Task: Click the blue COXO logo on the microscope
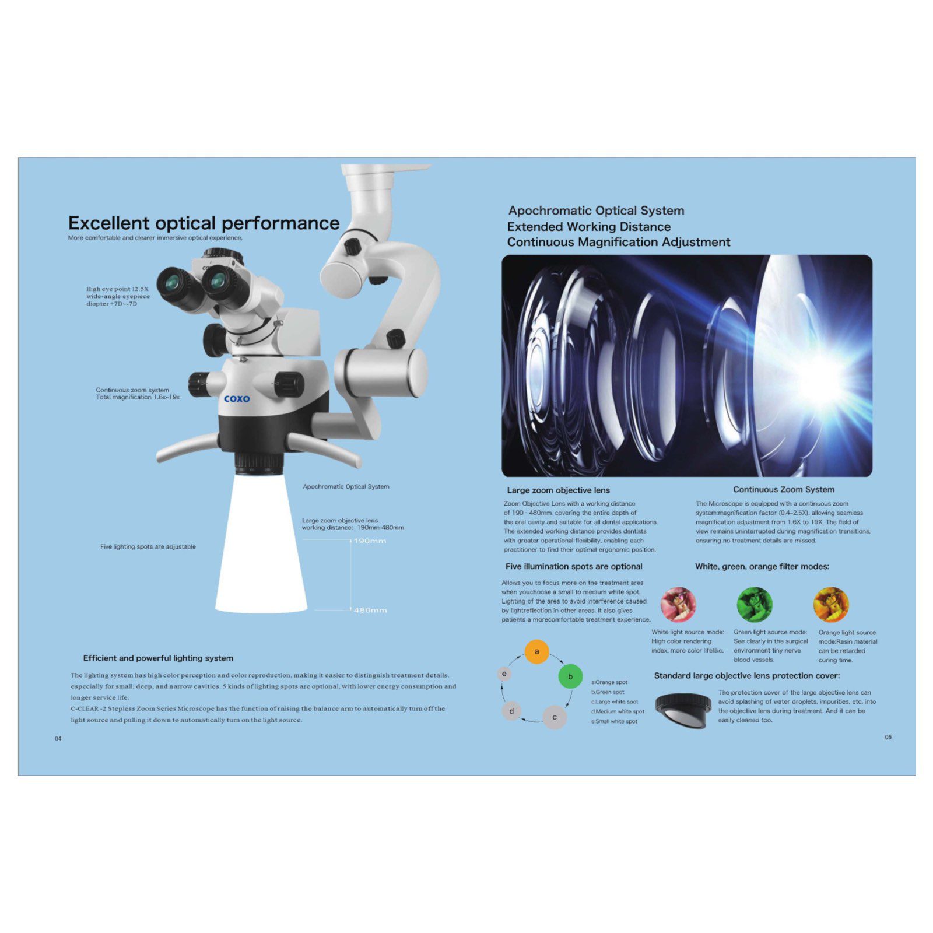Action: pyautogui.click(x=237, y=399)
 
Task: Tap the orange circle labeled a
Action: pyautogui.click(x=537, y=651)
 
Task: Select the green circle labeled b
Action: pyautogui.click(x=570, y=676)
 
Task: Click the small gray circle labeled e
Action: pyautogui.click(x=504, y=674)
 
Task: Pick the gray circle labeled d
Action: pyautogui.click(x=511, y=711)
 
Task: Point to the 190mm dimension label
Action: pyautogui.click(x=370, y=541)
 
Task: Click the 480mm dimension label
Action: pyautogui.click(x=370, y=610)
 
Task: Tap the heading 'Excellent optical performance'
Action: pyautogui.click(x=204, y=223)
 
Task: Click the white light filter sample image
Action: pyautogui.click(x=678, y=605)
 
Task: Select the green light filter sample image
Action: pyautogui.click(x=755, y=605)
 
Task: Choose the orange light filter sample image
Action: pyautogui.click(x=831, y=605)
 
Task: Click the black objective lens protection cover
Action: pyautogui.click(x=683, y=710)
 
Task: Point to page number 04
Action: pyautogui.click(x=58, y=739)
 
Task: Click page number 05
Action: pyautogui.click(x=888, y=738)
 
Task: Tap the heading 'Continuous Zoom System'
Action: pyautogui.click(x=784, y=490)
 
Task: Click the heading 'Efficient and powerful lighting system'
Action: pyautogui.click(x=158, y=658)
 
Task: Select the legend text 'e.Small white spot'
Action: pyautogui.click(x=615, y=721)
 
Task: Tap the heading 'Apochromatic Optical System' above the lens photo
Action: pyautogui.click(x=596, y=211)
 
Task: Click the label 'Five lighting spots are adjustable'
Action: pyautogui.click(x=148, y=547)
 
